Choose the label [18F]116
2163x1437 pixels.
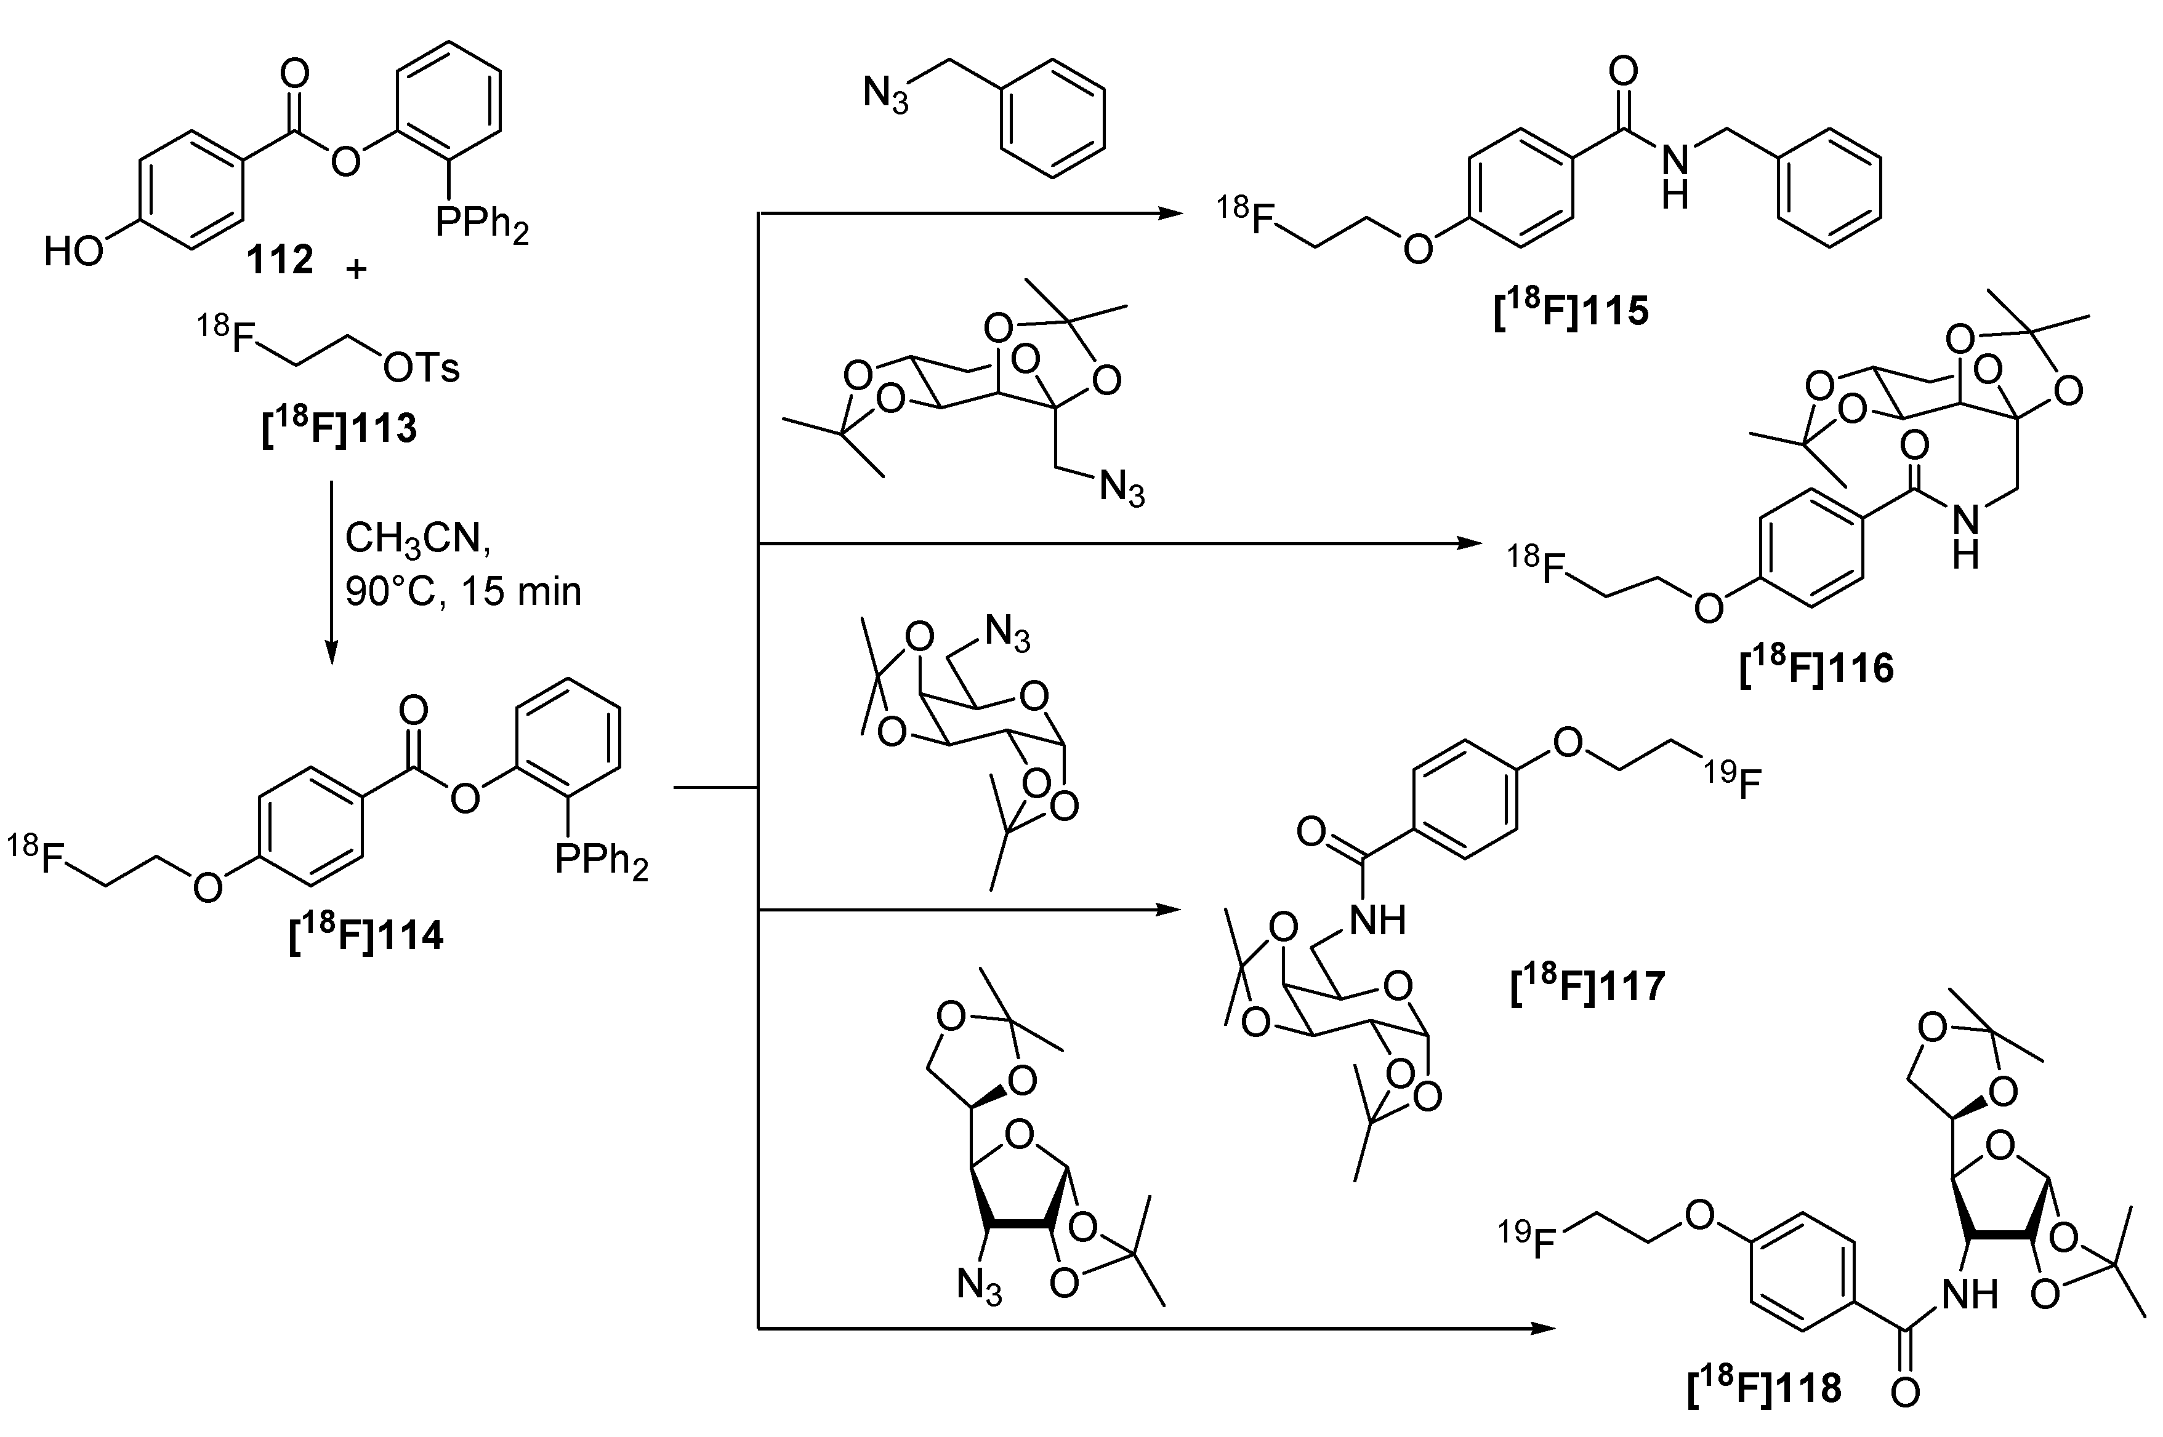click(x=1816, y=669)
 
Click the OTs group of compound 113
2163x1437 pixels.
click(x=421, y=369)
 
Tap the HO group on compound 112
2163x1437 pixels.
click(x=73, y=251)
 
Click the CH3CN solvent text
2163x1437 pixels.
click(x=417, y=539)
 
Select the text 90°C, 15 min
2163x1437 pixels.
click(x=463, y=592)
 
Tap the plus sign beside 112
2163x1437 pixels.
click(x=356, y=268)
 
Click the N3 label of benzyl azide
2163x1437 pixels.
click(x=886, y=94)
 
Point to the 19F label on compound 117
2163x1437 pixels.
click(x=1732, y=782)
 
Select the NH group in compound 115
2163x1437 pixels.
click(x=1674, y=178)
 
